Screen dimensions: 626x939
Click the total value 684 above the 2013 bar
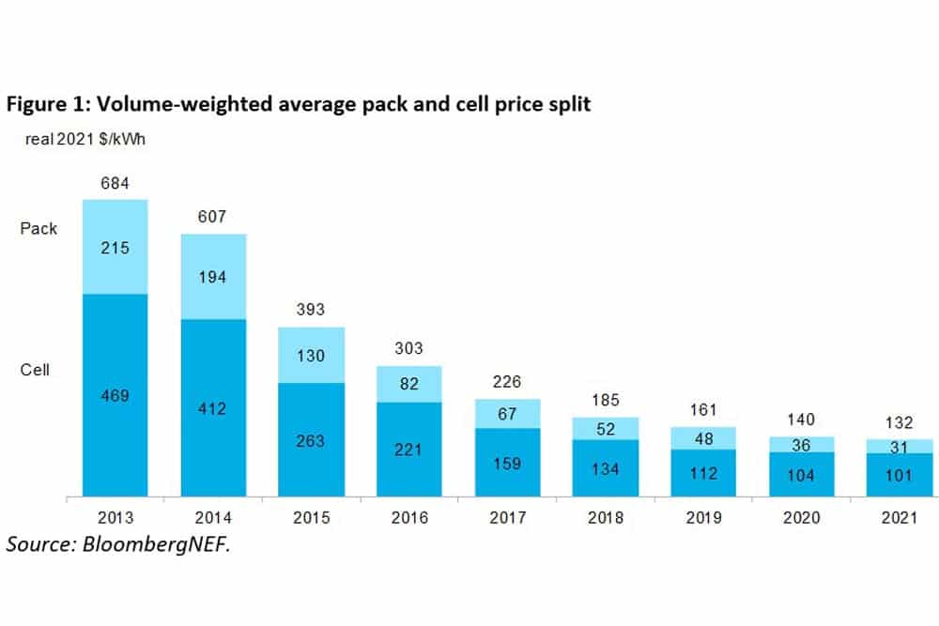(115, 179)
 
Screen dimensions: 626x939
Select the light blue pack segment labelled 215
(115, 248)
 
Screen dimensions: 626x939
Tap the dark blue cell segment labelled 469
(115, 395)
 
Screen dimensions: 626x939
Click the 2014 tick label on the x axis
(213, 518)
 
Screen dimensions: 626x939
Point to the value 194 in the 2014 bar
(213, 277)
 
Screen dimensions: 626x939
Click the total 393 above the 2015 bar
(311, 310)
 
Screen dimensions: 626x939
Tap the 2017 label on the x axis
(507, 518)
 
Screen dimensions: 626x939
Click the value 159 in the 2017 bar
(507, 463)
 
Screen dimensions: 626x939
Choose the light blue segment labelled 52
(606, 428)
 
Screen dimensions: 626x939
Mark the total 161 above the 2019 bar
(703, 409)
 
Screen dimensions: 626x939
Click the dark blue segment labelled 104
(801, 476)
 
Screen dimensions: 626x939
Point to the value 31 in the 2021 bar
(899, 446)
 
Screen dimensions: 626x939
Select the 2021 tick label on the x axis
(899, 518)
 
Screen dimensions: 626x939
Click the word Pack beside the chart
(38, 228)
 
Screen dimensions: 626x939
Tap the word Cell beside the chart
(35, 370)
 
